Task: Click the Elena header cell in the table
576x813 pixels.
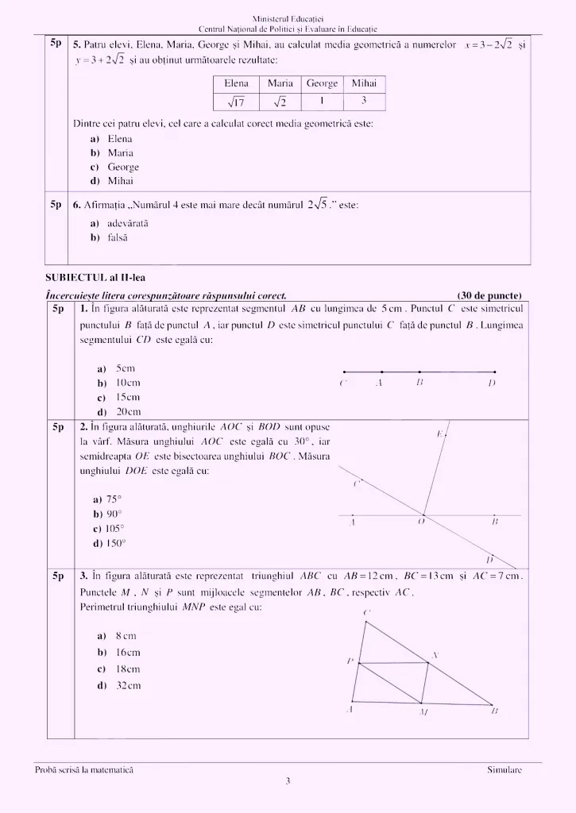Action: (236, 83)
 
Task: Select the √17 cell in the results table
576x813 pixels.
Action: (236, 102)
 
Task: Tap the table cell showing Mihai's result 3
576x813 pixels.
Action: (364, 101)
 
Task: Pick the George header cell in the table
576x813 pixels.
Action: (322, 83)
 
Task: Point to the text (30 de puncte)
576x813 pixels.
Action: (489, 295)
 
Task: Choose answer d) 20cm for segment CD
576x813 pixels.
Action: (118, 411)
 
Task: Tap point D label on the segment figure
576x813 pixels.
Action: (493, 383)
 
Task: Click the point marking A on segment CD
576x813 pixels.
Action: (381, 372)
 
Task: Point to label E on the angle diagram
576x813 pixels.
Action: (439, 433)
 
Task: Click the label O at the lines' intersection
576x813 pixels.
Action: (421, 522)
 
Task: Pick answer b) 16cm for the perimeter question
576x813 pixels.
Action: (118, 653)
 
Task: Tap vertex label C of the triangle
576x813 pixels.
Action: (365, 612)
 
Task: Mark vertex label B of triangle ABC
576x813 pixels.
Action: (494, 711)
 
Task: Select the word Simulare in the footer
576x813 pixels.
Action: (504, 770)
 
